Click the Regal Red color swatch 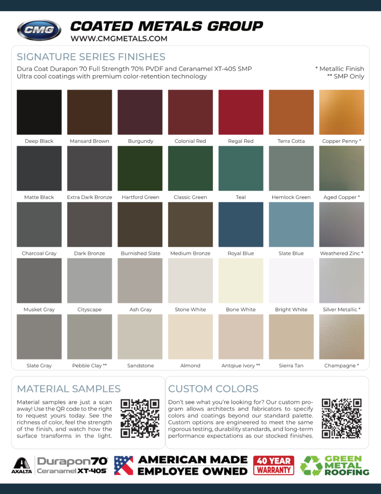241,112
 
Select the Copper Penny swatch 342,112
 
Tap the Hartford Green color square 140,168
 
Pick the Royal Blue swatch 241,224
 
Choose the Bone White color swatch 241,280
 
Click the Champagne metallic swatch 342,337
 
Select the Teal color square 241,168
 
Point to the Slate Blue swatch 291,224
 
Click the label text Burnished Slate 141,253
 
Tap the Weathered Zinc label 342,253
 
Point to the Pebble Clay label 90,366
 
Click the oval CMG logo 39,30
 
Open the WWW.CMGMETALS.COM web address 119,39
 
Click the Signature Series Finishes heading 91,57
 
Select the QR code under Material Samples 140,418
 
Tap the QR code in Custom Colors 342,418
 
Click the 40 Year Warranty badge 274,466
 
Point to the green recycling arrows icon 311,466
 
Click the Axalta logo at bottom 22,466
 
